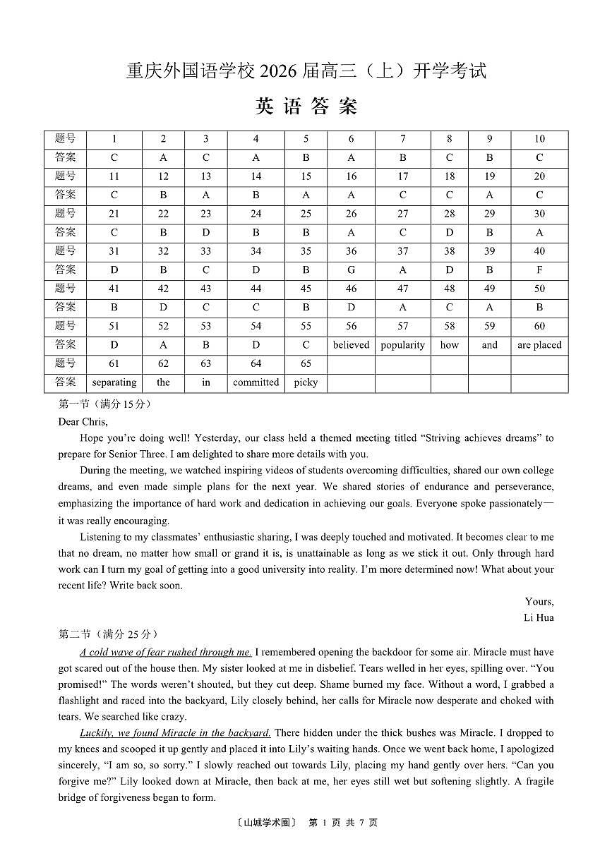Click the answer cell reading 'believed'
[351, 345]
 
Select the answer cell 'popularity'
[402, 345]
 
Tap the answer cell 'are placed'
[539, 345]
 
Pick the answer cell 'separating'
[114, 382]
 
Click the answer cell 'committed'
[256, 382]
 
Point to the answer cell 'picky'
[306, 382]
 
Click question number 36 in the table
[351, 251]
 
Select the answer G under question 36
[351, 270]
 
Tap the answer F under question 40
[539, 270]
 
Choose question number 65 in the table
[306, 363]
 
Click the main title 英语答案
[306, 107]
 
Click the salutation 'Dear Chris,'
[83, 422]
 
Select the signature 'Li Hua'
[539, 618]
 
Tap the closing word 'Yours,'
[539, 602]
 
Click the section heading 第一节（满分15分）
[104, 404]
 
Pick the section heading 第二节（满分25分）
[108, 634]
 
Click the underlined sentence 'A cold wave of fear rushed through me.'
[166, 653]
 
